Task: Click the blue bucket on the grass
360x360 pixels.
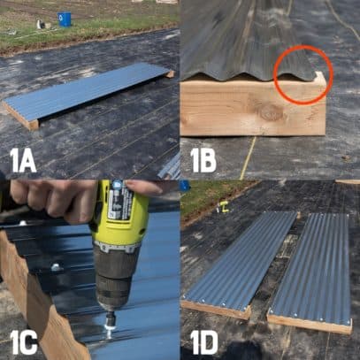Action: pyautogui.click(x=65, y=19)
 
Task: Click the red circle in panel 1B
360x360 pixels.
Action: pyautogui.click(x=303, y=74)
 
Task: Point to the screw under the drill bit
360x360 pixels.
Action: pyautogui.click(x=110, y=329)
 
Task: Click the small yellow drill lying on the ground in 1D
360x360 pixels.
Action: pyautogui.click(x=223, y=209)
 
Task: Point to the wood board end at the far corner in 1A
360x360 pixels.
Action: pyautogui.click(x=168, y=74)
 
